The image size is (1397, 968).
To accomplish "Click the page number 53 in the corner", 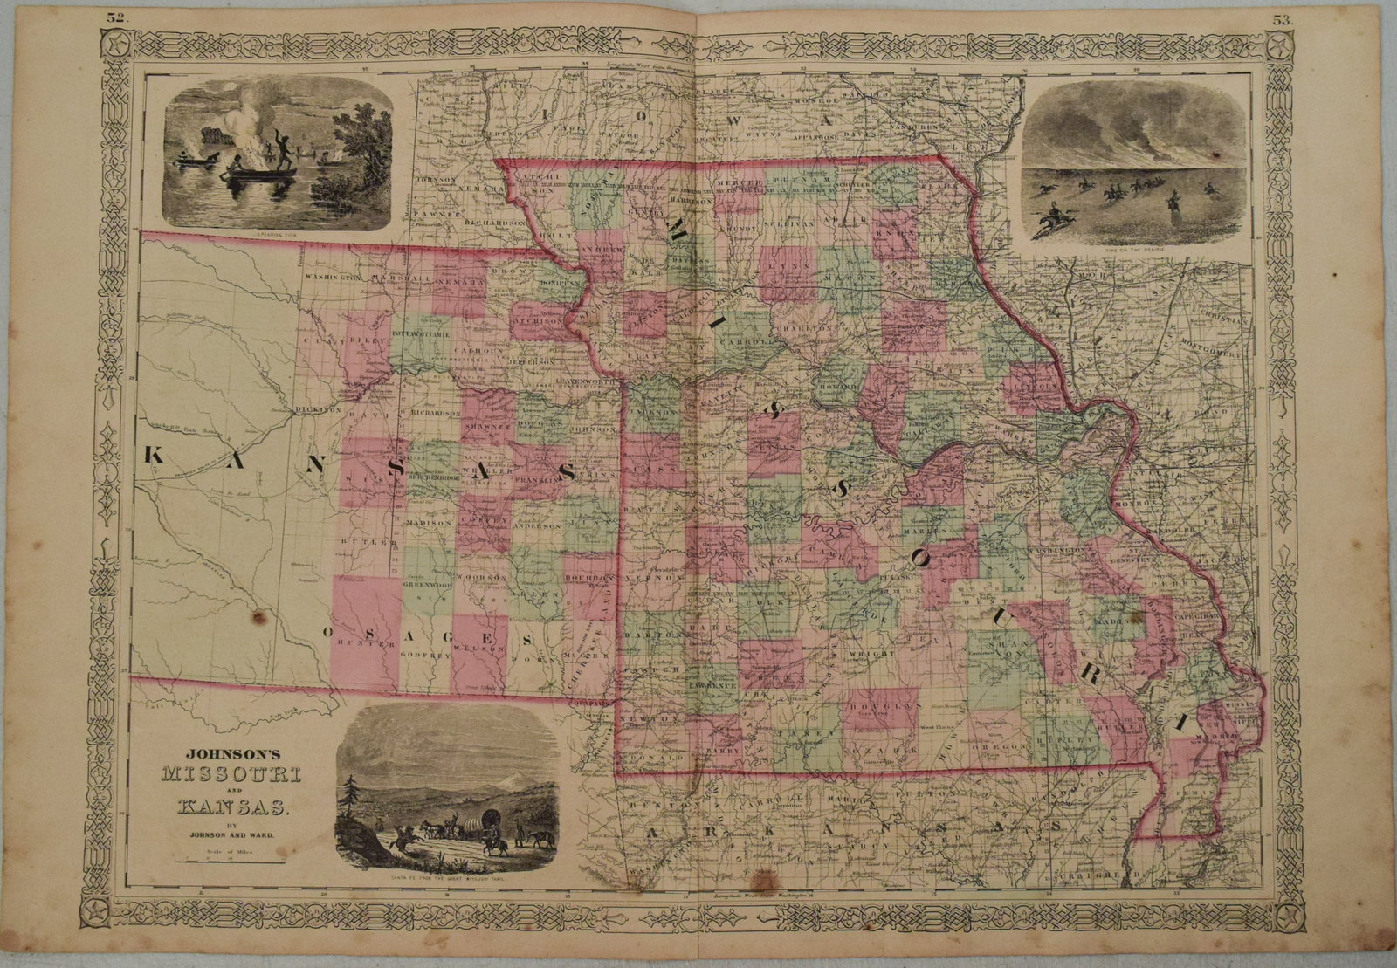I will tap(1283, 18).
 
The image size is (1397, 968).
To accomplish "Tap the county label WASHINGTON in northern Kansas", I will tap(333, 277).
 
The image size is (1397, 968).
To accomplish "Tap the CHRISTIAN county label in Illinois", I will tap(1236, 319).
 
